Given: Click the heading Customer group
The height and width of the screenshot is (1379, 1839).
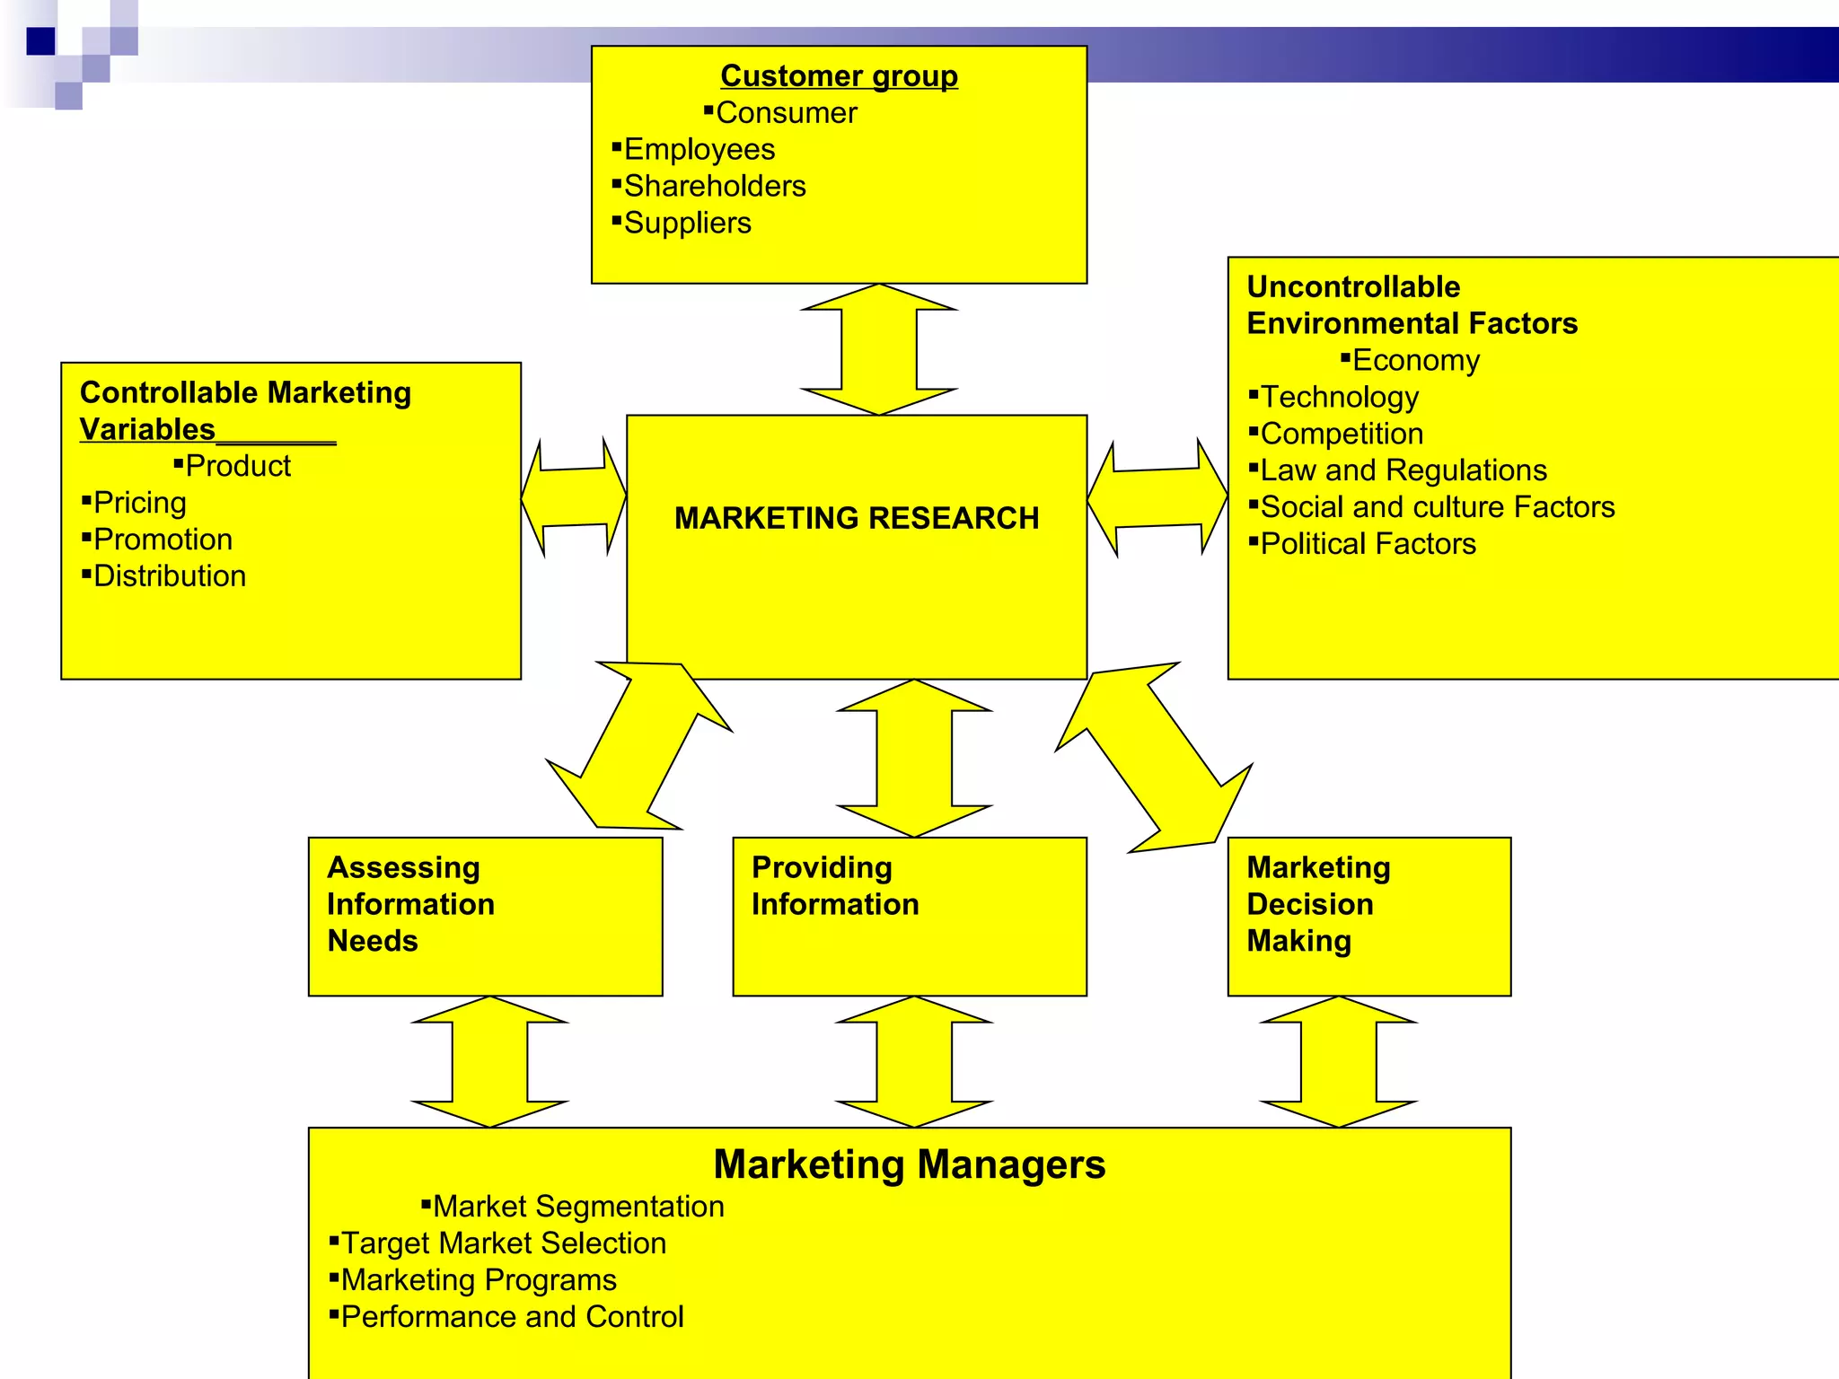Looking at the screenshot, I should [839, 76].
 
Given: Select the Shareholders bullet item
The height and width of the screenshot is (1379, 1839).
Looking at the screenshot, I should [714, 186].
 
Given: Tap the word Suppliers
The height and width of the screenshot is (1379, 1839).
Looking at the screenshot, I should [687, 223].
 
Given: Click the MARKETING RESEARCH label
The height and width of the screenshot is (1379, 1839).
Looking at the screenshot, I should [857, 518].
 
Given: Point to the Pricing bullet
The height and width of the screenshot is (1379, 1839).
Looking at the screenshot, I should [139, 503].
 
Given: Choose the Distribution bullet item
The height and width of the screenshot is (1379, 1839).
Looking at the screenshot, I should [169, 576].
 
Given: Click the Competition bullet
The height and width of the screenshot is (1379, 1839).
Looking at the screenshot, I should [1342, 434].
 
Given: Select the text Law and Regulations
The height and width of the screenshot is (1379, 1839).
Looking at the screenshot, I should [1403, 470].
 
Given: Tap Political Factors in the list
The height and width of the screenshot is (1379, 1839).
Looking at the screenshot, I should [1368, 544].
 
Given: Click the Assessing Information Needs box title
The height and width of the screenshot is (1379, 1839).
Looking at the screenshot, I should [410, 904].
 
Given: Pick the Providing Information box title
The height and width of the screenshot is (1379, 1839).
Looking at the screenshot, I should [835, 886].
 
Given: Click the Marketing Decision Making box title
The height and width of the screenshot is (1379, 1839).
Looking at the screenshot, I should [1317, 904].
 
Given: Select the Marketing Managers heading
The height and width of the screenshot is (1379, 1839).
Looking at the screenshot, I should [909, 1164].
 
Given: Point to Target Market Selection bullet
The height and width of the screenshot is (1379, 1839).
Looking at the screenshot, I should [503, 1243].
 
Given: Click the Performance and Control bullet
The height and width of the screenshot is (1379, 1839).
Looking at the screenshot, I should [512, 1317].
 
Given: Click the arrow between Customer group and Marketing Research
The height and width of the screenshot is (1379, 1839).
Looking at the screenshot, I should [879, 349].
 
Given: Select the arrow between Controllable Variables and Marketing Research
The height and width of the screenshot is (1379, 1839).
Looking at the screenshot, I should [574, 496].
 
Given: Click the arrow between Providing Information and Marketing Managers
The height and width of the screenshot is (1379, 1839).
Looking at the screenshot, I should [914, 1061].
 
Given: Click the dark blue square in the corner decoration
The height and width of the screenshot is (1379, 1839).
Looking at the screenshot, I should [40, 41].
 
